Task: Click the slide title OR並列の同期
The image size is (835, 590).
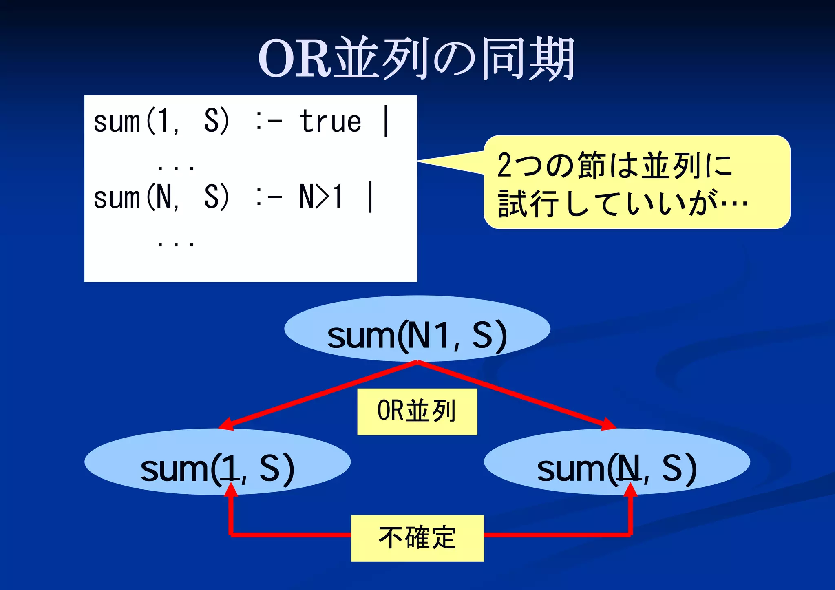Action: click(417, 58)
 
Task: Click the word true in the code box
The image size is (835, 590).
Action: click(330, 122)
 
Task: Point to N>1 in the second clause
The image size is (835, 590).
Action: click(321, 197)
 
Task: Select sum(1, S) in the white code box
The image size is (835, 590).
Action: click(161, 122)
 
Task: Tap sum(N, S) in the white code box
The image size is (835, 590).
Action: click(161, 197)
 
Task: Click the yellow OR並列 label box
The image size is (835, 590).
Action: click(417, 411)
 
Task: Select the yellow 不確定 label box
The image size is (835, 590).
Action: click(417, 538)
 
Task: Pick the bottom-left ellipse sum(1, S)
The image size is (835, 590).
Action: click(217, 462)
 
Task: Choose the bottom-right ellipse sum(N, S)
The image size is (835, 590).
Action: click(617, 462)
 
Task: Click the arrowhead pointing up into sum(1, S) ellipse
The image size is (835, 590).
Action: click(231, 489)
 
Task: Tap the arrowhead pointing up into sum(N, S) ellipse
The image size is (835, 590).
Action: click(630, 489)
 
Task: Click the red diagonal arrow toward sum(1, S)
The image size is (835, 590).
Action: click(318, 395)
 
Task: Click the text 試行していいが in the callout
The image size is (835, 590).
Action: click(607, 203)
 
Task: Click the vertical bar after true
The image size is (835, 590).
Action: click(386, 121)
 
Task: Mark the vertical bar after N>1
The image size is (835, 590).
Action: click(370, 197)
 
